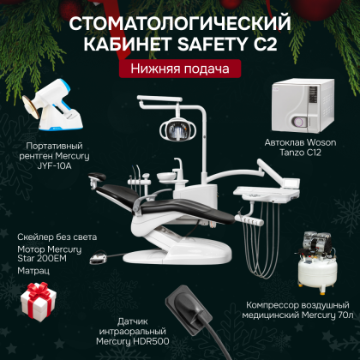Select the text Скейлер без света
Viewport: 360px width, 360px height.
pos(56,237)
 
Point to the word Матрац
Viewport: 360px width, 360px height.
pos(33,268)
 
